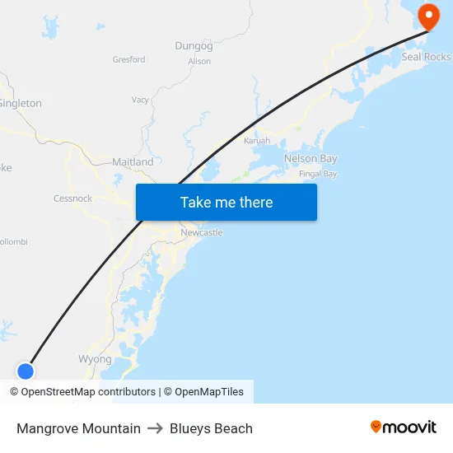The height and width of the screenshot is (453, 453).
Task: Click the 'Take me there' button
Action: tap(226, 203)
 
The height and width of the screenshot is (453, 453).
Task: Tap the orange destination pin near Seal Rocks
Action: tap(429, 15)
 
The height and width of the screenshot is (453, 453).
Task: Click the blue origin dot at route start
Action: tap(26, 371)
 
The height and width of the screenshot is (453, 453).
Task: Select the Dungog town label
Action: tap(194, 46)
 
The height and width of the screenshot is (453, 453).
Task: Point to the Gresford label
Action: tap(128, 59)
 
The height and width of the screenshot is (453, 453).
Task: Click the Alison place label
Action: tap(199, 61)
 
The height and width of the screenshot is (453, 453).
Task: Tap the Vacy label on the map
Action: tap(140, 100)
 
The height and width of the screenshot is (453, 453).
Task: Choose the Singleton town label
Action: tap(20, 103)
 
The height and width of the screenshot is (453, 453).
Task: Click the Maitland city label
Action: tap(133, 162)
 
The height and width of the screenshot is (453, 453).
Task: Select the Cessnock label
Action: tap(72, 198)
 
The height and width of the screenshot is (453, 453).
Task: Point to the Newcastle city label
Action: tap(202, 233)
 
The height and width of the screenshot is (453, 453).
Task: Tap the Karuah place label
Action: tap(257, 141)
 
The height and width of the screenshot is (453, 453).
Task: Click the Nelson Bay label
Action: tap(311, 158)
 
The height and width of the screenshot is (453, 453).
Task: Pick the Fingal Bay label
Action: tap(318, 174)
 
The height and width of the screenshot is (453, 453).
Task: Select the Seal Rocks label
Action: tap(426, 57)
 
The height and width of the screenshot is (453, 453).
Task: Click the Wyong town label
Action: tap(95, 359)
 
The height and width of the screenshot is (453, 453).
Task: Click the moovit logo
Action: tap(404, 427)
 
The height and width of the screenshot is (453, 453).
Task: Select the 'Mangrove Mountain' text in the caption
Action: tap(78, 428)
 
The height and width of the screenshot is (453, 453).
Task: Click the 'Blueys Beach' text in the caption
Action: tap(211, 428)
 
